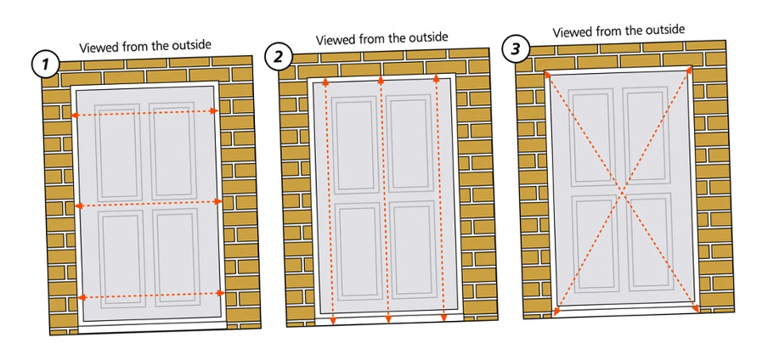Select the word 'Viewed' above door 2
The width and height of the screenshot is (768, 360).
tap(336, 40)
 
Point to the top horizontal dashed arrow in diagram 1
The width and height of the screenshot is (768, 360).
tap(144, 113)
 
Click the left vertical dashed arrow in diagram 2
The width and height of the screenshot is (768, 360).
tap(327, 200)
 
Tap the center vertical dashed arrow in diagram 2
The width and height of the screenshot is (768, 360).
tap(384, 200)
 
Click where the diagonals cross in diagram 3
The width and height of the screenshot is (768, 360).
tap(623, 193)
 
